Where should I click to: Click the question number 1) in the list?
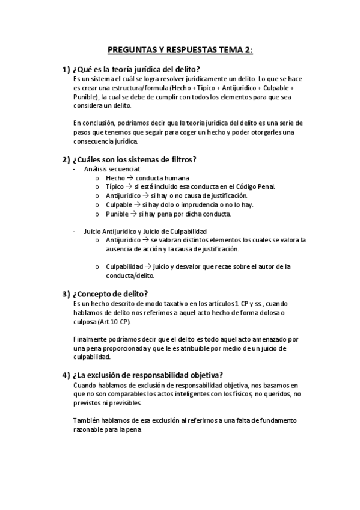point(66,69)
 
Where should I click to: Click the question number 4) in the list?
point(66,374)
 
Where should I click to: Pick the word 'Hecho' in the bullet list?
point(115,179)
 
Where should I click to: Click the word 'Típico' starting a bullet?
point(115,187)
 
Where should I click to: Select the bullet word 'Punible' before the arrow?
point(117,214)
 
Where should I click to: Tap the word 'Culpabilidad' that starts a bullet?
point(124,266)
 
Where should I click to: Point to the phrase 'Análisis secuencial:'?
point(112,169)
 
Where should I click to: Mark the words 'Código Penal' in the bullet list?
point(255,187)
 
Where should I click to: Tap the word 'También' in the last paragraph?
point(87,420)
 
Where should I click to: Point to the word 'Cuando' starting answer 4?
point(84,384)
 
